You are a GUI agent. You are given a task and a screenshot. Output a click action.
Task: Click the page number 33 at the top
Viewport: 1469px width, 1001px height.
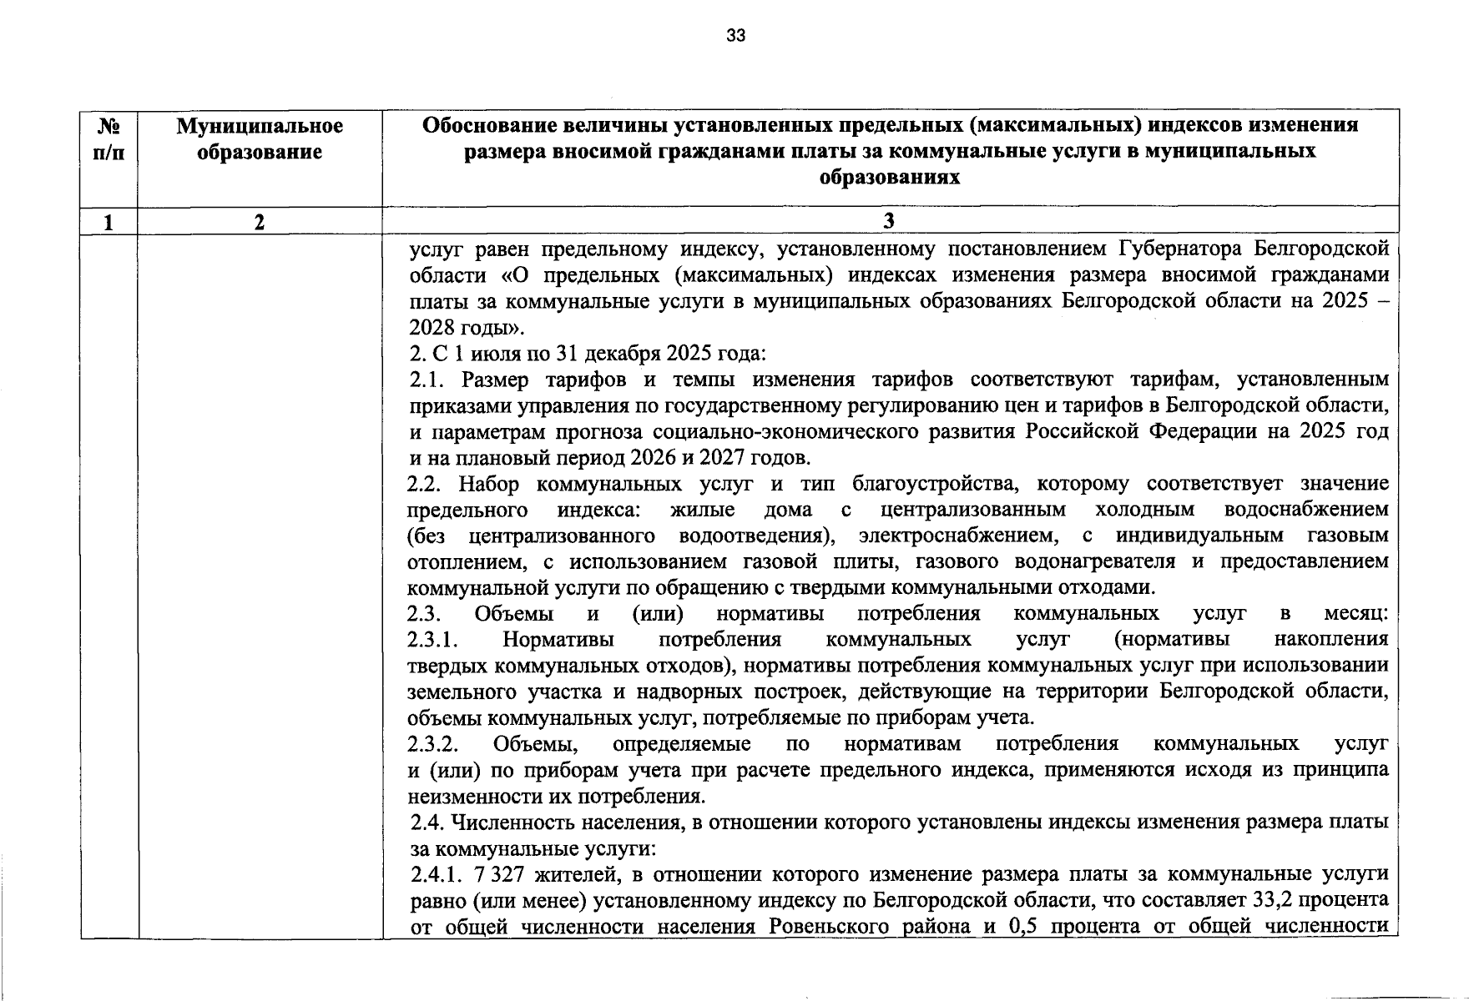[735, 35]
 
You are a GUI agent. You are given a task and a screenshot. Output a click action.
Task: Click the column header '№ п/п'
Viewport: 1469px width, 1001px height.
[109, 138]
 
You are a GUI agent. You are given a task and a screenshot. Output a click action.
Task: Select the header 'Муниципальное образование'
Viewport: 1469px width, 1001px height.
[260, 138]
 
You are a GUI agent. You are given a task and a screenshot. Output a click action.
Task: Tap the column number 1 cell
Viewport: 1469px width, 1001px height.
[109, 221]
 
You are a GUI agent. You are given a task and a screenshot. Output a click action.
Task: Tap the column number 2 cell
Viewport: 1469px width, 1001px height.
[260, 221]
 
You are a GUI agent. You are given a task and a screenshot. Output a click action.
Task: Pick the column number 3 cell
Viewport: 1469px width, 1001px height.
[889, 220]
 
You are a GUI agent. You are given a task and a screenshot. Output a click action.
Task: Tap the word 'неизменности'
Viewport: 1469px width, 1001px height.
[467, 795]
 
